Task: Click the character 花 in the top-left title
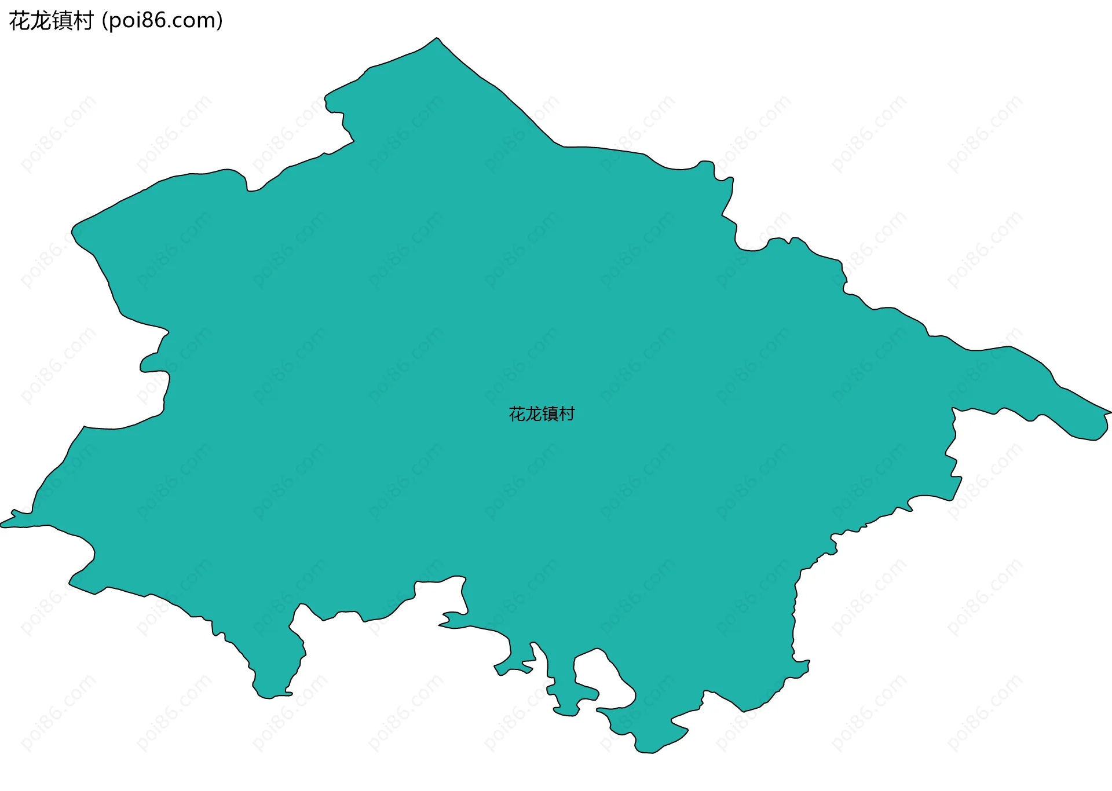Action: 20,21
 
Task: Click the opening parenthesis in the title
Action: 104,21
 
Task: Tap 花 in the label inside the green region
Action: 517,414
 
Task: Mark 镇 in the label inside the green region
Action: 550,414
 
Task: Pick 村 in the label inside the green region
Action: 567,414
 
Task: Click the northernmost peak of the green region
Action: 437,38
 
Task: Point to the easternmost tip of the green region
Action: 1110,412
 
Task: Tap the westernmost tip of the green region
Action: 2,525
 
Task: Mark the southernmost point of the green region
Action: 646,752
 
